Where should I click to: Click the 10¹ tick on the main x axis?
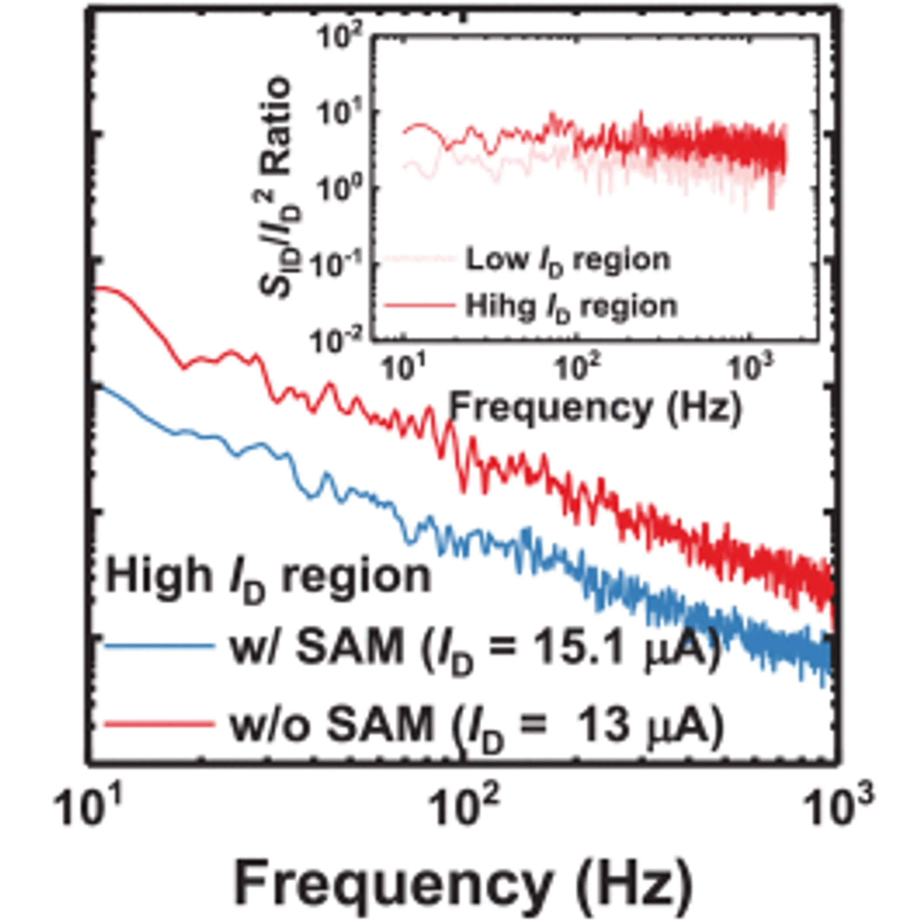click(88, 808)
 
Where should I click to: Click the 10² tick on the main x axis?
click(461, 808)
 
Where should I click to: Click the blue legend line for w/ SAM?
click(159, 647)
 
